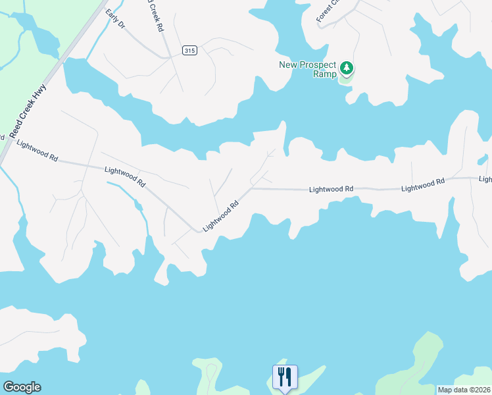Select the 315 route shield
tap(189, 51)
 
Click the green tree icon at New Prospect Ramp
tap(346, 68)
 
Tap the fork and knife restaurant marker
tap(285, 377)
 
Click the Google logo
tap(21, 387)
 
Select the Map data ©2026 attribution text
tap(464, 390)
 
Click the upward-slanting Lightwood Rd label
tap(220, 217)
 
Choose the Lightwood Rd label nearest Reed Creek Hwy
tap(37, 151)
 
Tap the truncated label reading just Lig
tap(485, 179)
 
